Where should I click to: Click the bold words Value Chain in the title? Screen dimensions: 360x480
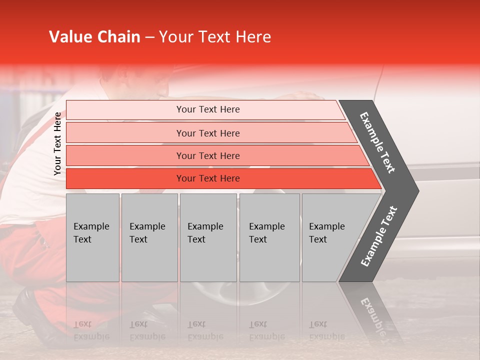tap(94, 37)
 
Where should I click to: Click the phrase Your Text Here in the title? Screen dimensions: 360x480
tap(214, 37)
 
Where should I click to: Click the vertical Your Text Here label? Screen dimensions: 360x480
tap(57, 143)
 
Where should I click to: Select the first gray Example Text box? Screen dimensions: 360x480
tap(92, 237)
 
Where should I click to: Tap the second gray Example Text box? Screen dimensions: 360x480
tap(149, 237)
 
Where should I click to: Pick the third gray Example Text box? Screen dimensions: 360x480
tap(208, 237)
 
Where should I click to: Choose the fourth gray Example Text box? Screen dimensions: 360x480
tap(269, 237)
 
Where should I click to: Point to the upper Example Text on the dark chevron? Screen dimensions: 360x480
tap(378, 142)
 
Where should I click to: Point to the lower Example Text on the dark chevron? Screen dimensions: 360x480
tap(379, 236)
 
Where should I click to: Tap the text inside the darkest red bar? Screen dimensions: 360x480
tap(208, 178)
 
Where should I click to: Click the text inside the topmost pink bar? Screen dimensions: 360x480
tap(208, 109)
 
